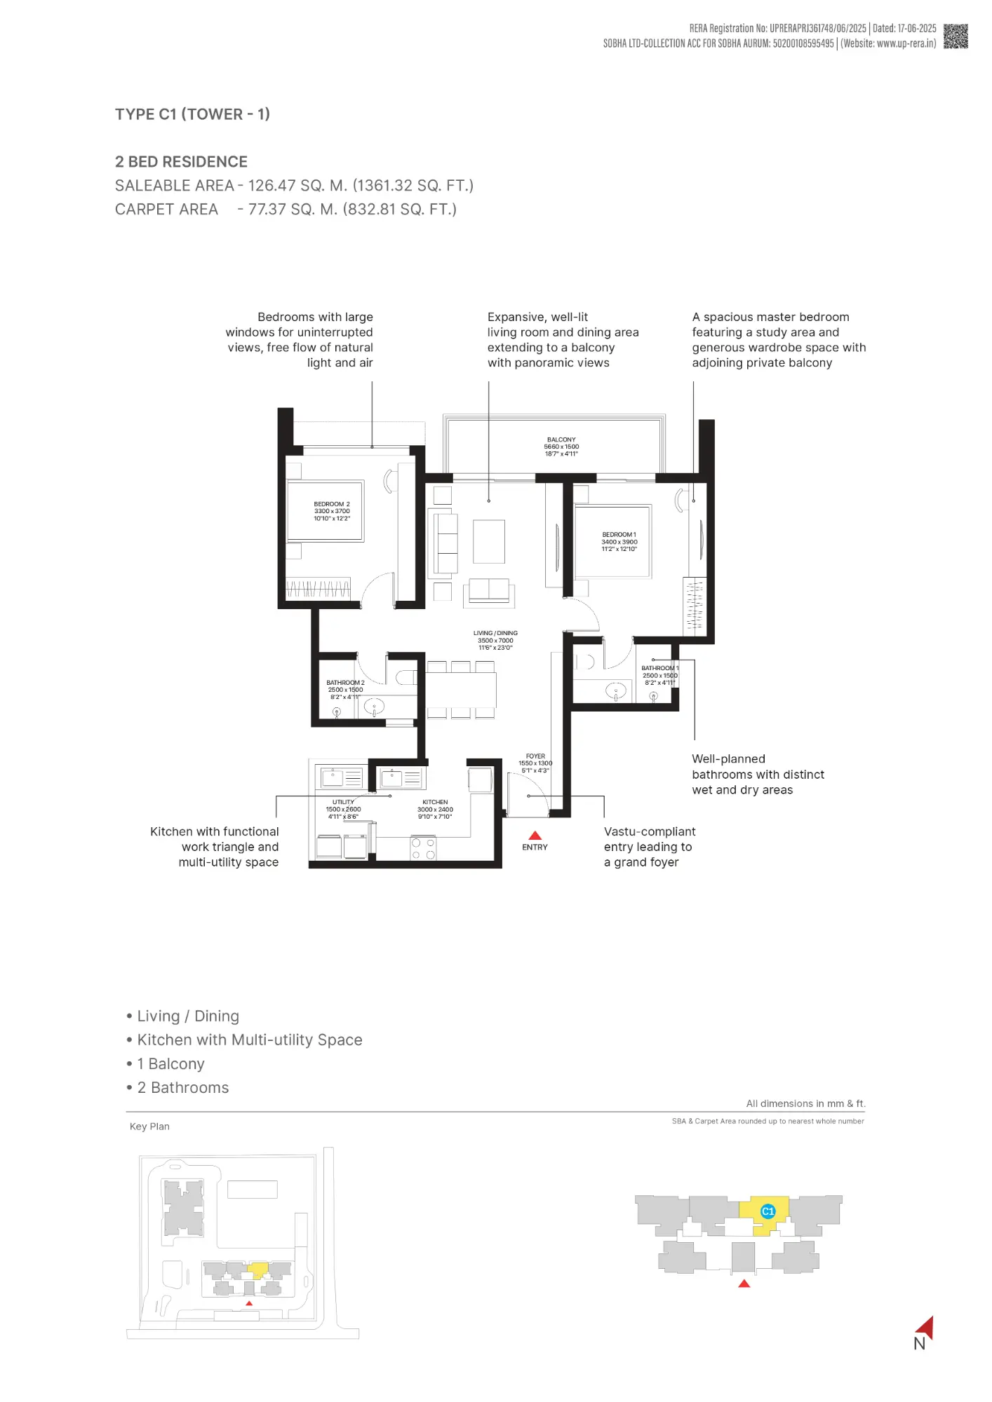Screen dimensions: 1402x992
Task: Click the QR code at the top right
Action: tap(956, 36)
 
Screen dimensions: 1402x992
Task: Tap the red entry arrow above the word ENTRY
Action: tap(535, 835)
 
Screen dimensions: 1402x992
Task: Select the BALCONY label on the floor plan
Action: tap(561, 440)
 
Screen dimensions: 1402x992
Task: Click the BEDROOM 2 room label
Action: tap(332, 504)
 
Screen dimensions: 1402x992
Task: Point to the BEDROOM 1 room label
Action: tap(619, 535)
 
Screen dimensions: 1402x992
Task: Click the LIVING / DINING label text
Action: tap(495, 633)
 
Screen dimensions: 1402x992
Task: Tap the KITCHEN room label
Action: tap(435, 802)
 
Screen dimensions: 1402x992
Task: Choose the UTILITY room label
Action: tap(343, 802)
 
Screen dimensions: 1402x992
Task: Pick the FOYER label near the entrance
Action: tap(535, 756)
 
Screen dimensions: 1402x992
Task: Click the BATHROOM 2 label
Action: tap(345, 683)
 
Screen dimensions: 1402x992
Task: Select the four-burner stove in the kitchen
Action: tap(423, 849)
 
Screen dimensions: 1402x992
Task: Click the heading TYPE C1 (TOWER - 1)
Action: tap(192, 114)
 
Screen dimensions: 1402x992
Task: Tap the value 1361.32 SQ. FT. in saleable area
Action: tap(413, 186)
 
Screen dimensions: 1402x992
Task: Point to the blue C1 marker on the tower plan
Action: tap(768, 1211)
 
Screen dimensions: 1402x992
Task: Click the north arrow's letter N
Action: tap(919, 1344)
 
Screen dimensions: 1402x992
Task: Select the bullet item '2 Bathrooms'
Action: tap(182, 1088)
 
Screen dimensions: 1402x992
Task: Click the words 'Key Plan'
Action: tap(149, 1127)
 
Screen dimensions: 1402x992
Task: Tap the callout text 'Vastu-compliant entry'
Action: tap(649, 832)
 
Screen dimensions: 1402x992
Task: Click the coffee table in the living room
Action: tap(489, 541)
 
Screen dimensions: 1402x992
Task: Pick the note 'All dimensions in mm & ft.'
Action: tap(805, 1103)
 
